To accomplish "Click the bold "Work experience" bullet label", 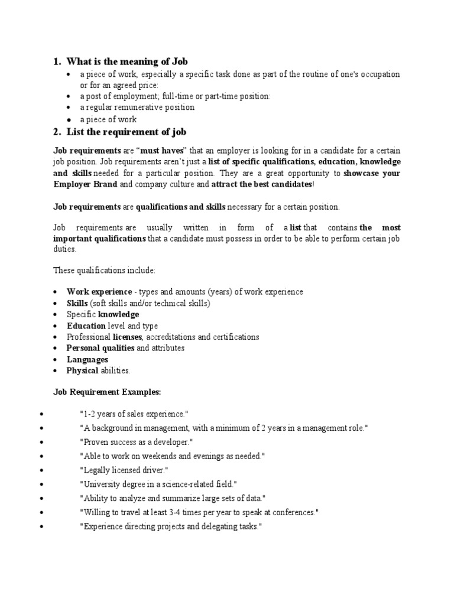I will (x=99, y=292).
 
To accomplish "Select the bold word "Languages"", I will (x=87, y=359).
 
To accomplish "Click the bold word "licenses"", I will (x=127, y=337).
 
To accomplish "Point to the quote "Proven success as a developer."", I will (x=136, y=443).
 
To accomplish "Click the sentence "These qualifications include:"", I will (x=104, y=270).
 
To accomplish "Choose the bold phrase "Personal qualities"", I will (x=100, y=348).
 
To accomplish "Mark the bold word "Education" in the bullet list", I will (x=86, y=326).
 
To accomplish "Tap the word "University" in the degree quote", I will (x=99, y=484).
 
